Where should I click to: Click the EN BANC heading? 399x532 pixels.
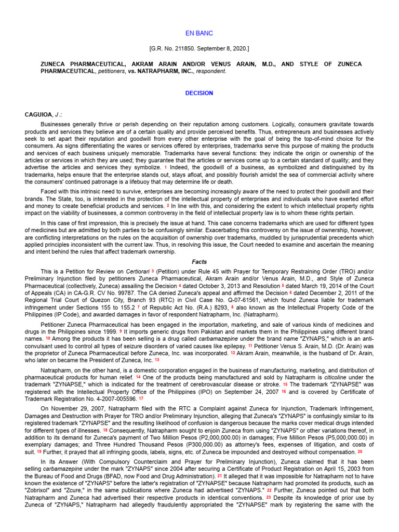click(x=199, y=33)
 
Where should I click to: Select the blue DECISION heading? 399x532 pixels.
click(x=199, y=93)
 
